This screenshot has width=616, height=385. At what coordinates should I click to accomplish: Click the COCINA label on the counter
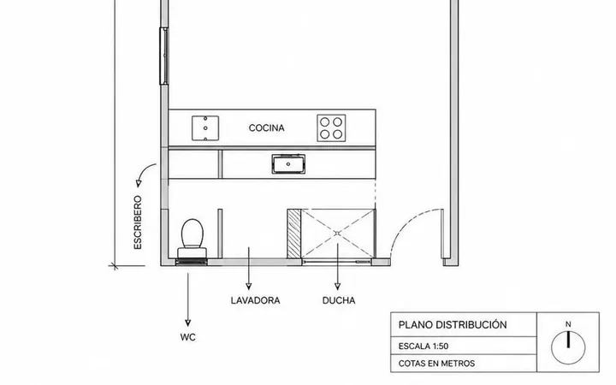click(x=266, y=128)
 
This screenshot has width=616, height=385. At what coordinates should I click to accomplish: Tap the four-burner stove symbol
click(x=331, y=128)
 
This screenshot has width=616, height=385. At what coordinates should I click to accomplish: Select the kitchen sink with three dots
click(x=205, y=128)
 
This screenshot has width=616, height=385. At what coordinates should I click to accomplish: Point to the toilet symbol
click(x=192, y=239)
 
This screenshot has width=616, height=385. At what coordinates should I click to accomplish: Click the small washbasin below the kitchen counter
click(x=288, y=163)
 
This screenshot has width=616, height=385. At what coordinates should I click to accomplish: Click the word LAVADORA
click(x=255, y=300)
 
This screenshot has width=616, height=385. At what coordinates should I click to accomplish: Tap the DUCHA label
click(x=339, y=300)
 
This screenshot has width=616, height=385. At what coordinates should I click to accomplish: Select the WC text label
click(x=187, y=337)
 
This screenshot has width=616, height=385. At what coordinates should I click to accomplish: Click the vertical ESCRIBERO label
click(x=138, y=222)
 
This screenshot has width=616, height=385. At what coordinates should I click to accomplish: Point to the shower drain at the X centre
click(x=337, y=234)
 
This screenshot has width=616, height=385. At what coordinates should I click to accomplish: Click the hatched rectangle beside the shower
click(x=293, y=234)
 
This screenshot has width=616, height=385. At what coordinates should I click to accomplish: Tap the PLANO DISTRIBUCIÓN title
click(x=453, y=325)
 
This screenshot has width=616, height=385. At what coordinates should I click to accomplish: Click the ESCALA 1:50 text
click(x=423, y=346)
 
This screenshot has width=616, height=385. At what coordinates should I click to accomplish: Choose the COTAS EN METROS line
click(x=436, y=364)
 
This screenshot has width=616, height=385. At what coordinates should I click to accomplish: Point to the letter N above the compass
click(x=568, y=324)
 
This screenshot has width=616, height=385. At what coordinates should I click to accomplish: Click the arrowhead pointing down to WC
click(x=187, y=323)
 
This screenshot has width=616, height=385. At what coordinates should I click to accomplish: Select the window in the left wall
click(x=163, y=56)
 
